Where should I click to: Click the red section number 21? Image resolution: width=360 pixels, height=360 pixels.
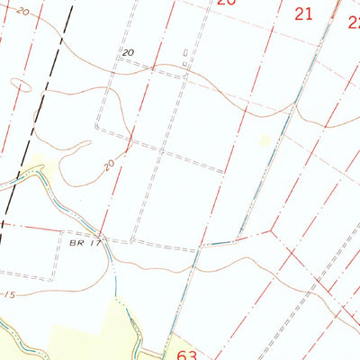click(303, 13)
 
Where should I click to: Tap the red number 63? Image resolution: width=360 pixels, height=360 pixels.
click(186, 353)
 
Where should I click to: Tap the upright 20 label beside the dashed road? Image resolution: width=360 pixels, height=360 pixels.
click(128, 53)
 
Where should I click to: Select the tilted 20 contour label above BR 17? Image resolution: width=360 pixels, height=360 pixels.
click(111, 165)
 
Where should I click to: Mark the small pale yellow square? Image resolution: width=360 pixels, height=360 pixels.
click(265, 139)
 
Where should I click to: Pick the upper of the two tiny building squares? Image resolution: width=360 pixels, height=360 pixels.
click(184, 53)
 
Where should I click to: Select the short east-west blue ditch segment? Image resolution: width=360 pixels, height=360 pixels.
click(217, 244)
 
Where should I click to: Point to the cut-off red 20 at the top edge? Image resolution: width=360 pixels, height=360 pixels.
click(226, 3)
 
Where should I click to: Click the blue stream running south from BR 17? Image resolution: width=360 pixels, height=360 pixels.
click(114, 270)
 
